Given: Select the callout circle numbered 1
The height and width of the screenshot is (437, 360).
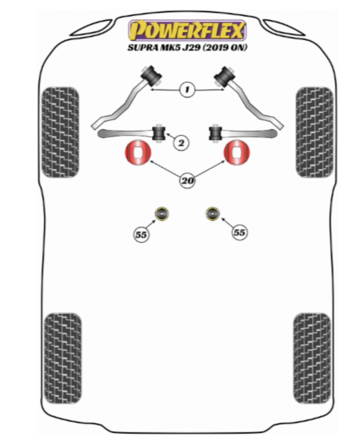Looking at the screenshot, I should (188, 88).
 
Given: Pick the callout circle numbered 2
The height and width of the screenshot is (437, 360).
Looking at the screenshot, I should (180, 141).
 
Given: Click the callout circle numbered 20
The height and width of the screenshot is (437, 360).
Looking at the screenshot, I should (188, 179).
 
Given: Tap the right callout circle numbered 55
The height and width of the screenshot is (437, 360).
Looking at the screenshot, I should (239, 232).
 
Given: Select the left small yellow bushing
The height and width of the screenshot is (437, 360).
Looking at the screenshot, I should (163, 214).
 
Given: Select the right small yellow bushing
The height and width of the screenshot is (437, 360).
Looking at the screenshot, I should (213, 214).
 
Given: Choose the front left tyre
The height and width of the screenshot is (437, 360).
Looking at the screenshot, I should (60, 132).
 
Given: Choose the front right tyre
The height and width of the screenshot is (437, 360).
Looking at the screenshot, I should (315, 132).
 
